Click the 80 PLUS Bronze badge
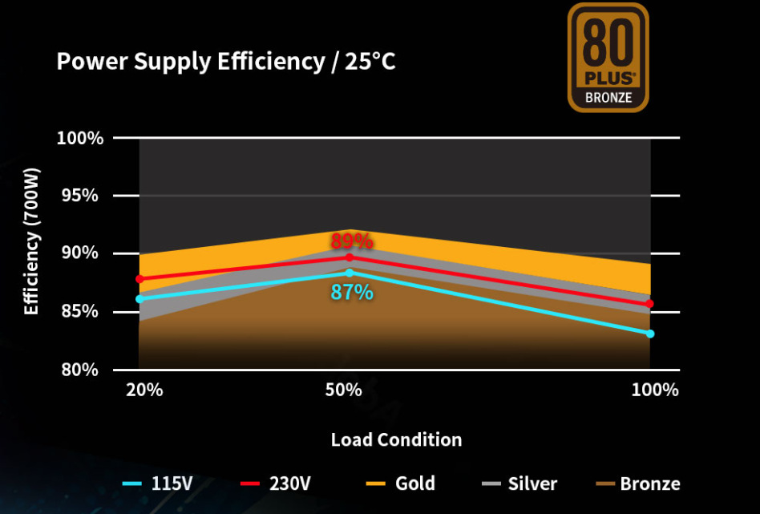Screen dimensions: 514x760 608,58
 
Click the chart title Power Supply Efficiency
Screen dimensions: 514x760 225,62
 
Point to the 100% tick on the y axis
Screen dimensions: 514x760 79,138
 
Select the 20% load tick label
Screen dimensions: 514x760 144,391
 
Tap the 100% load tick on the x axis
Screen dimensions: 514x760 654,391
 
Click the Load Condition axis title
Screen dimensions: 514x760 396,439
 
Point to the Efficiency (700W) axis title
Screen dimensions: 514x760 31,241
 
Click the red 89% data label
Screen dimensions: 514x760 350,241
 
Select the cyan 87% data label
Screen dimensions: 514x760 352,293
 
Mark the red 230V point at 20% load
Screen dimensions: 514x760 139,279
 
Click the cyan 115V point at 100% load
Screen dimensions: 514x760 650,334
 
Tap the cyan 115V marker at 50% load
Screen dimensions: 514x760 349,273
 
